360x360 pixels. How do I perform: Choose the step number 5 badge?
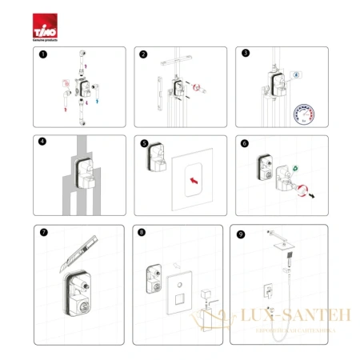click(142, 145)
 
